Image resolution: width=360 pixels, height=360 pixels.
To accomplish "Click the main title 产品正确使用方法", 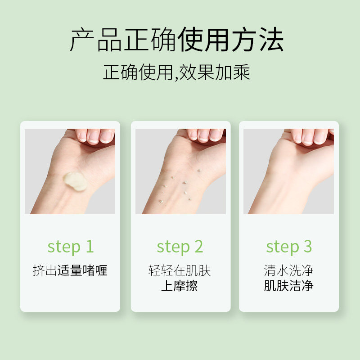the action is (x=177, y=40).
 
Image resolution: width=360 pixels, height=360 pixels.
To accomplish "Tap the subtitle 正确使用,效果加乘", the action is (x=176, y=72).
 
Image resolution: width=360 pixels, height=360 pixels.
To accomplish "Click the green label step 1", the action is (x=71, y=247).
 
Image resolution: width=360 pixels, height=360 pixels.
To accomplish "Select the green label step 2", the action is (x=180, y=247).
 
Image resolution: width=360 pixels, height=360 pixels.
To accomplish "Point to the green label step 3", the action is (x=289, y=247).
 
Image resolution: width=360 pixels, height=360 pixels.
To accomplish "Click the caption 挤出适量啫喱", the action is (x=70, y=270).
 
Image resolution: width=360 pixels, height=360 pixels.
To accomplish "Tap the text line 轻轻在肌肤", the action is (x=180, y=270).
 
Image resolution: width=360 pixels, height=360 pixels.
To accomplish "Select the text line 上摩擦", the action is (x=179, y=286).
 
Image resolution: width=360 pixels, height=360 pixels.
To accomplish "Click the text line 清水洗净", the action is (x=288, y=270).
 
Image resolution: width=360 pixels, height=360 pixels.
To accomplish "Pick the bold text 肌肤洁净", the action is (x=288, y=286).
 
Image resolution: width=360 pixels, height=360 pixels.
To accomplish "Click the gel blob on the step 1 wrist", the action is (x=75, y=181).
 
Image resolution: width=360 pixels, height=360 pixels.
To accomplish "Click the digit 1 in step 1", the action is (x=90, y=246).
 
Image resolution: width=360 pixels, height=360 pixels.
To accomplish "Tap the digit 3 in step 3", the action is (x=308, y=246).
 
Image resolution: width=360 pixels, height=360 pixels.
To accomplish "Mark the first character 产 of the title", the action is (x=82, y=40).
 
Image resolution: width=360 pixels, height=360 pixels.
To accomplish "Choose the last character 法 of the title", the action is (x=272, y=40).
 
